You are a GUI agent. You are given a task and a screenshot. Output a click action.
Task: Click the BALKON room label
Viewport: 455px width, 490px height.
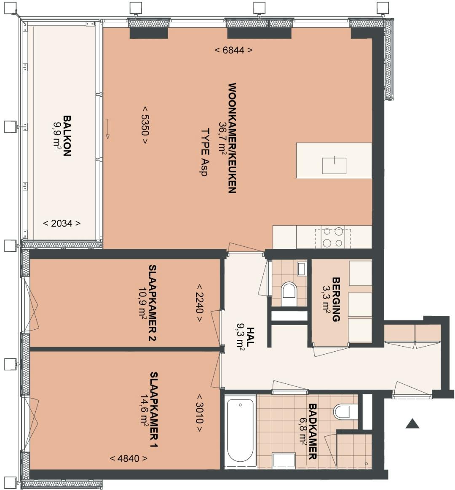[67, 136]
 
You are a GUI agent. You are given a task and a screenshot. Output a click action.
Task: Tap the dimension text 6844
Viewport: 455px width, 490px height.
[233, 50]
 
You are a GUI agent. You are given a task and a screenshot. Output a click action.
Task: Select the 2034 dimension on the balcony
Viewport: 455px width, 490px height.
[62, 223]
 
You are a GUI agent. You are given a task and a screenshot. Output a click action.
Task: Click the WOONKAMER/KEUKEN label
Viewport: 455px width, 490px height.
[232, 138]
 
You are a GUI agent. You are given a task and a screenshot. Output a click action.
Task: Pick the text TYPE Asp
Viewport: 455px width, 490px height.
[205, 152]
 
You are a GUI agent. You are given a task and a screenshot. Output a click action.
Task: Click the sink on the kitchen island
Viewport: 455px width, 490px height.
[335, 165]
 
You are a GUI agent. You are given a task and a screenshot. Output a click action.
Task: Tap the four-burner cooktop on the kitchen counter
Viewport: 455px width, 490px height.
[333, 238]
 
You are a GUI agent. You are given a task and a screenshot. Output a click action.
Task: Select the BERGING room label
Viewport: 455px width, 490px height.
[336, 299]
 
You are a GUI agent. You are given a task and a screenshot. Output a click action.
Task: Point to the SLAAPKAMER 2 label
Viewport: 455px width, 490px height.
[153, 303]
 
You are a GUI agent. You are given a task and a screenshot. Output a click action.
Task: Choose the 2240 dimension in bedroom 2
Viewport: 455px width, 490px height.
[200, 303]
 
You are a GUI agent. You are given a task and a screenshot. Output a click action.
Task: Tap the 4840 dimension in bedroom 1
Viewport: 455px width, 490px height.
[128, 458]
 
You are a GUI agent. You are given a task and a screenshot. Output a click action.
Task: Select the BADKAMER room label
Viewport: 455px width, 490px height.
[313, 431]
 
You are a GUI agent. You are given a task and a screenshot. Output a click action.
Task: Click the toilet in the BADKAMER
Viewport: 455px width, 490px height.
[345, 412]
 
